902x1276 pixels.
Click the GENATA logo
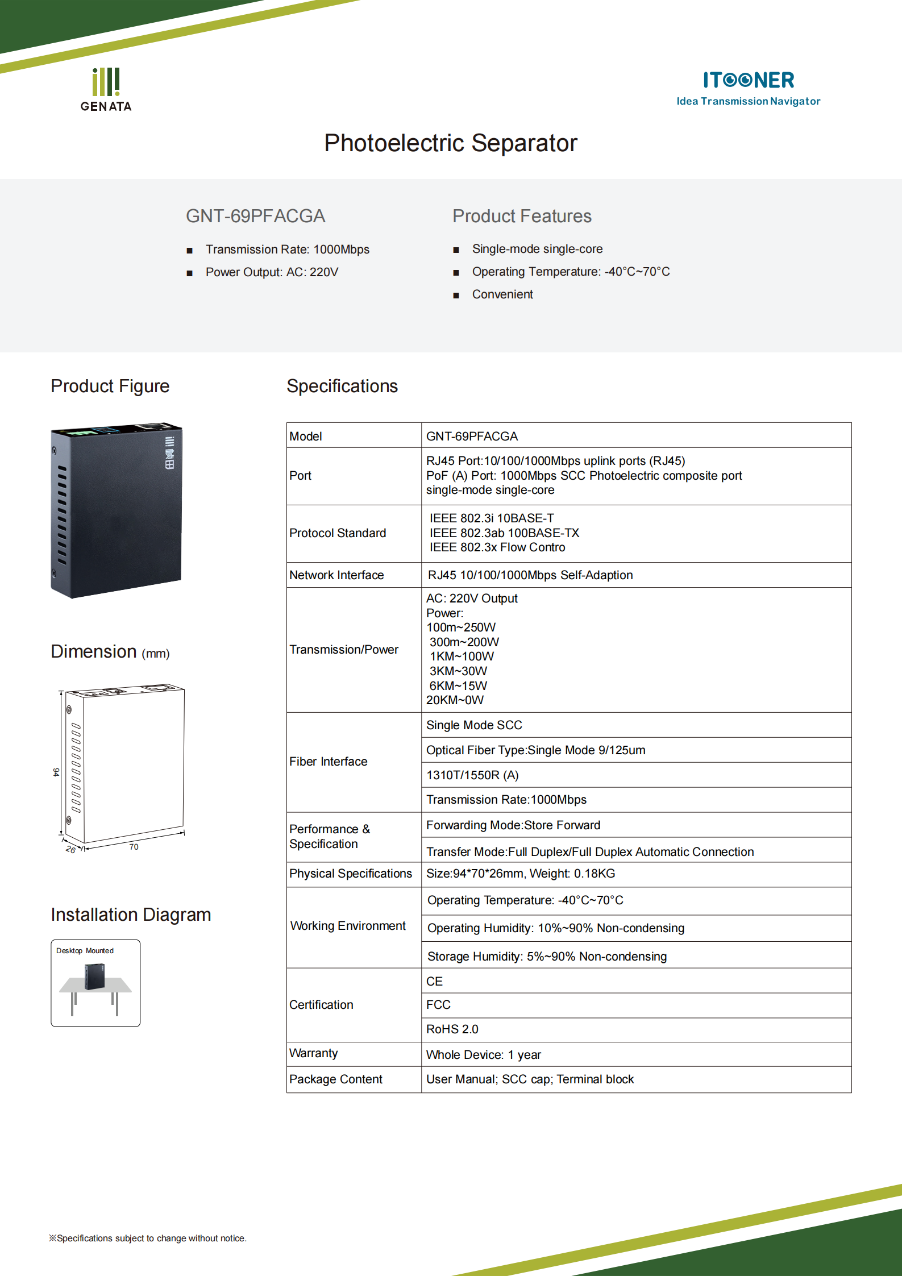coord(106,90)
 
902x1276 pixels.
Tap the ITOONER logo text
coord(748,80)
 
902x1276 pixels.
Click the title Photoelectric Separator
coord(450,143)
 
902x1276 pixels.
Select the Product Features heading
coord(521,216)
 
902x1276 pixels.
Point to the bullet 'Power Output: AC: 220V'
coord(271,272)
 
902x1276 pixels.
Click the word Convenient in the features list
coord(502,294)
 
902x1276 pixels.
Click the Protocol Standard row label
coord(337,533)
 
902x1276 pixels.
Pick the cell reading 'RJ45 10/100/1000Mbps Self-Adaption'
coord(530,575)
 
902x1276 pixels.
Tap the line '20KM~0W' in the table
coord(455,700)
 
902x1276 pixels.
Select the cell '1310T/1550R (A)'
coord(472,775)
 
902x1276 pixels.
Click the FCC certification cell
coord(438,1005)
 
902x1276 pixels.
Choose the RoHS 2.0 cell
coord(452,1029)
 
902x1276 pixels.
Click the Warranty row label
coord(313,1053)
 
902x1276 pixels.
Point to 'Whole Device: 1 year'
coord(483,1055)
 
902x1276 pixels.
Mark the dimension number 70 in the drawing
coord(134,847)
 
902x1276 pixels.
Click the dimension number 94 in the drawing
coord(56,772)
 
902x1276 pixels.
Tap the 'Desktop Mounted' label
coord(85,951)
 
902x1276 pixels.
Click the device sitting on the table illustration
coord(95,976)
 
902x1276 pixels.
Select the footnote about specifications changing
coord(148,1238)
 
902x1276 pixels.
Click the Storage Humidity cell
coord(547,957)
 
